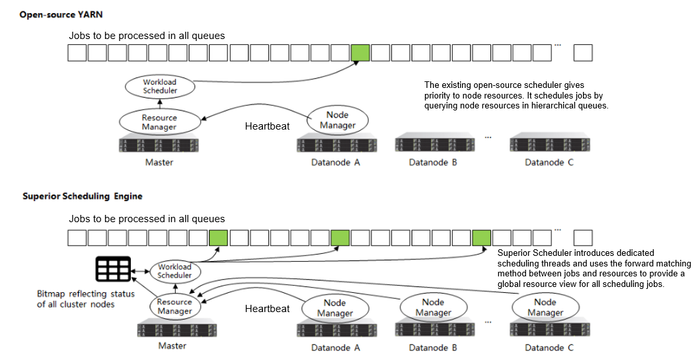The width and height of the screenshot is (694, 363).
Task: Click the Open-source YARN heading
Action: click(x=61, y=15)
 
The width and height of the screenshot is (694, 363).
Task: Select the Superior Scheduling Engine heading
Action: click(x=83, y=196)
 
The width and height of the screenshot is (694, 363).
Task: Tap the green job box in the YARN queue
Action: click(x=360, y=53)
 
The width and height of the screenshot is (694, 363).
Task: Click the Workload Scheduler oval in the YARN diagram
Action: click(x=160, y=87)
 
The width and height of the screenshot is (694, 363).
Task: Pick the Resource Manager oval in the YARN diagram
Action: click(x=159, y=122)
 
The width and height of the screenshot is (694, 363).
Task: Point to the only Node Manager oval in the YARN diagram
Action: click(x=337, y=120)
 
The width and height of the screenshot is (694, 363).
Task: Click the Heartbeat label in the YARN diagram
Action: click(x=267, y=126)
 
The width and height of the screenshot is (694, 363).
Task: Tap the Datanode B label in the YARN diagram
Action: click(x=433, y=163)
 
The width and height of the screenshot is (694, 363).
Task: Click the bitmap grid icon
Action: click(x=113, y=268)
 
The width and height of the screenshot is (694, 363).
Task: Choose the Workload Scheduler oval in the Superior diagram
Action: click(x=175, y=271)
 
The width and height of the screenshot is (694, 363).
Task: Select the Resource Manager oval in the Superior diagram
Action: click(x=174, y=306)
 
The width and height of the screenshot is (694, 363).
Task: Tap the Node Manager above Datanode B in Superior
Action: click(x=434, y=307)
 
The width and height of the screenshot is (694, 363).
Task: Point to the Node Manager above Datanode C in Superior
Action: click(x=545, y=307)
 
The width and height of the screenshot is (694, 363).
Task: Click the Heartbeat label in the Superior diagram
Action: click(x=267, y=309)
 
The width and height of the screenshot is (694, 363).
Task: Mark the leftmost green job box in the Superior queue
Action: click(x=218, y=238)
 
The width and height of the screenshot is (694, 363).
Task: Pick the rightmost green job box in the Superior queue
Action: click(x=482, y=238)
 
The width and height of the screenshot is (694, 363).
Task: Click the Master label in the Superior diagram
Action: click(x=172, y=346)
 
